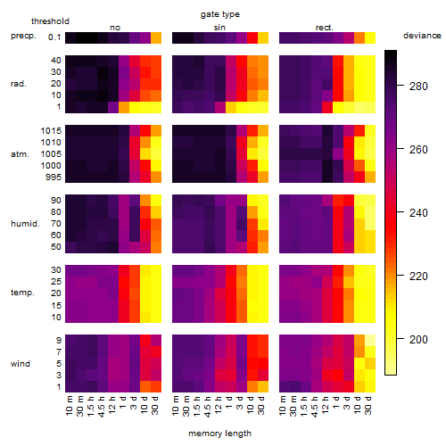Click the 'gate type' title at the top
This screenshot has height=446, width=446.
click(x=220, y=14)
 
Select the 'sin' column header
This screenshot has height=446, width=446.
click(x=219, y=28)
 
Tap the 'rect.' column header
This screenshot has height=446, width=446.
click(x=324, y=28)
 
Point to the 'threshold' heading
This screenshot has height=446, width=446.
click(x=50, y=21)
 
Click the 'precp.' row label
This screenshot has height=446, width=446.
click(x=23, y=36)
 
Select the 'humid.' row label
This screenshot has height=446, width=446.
click(x=25, y=223)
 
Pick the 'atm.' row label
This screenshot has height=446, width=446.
click(x=20, y=154)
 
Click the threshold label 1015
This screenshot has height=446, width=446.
click(x=51, y=130)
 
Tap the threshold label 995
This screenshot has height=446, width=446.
click(x=54, y=178)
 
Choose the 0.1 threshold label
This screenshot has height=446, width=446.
click(x=54, y=37)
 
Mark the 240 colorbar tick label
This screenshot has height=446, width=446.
click(x=418, y=212)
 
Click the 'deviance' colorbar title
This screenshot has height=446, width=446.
click(x=422, y=36)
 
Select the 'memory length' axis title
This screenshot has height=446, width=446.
click(x=220, y=434)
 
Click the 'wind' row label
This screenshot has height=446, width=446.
click(x=21, y=364)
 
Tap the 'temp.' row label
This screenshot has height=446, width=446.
click(x=22, y=293)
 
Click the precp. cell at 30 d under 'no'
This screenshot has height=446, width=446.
click(x=156, y=37)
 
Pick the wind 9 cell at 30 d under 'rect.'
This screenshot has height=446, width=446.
click(x=370, y=340)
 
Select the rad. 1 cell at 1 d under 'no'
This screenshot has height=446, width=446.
click(x=124, y=107)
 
